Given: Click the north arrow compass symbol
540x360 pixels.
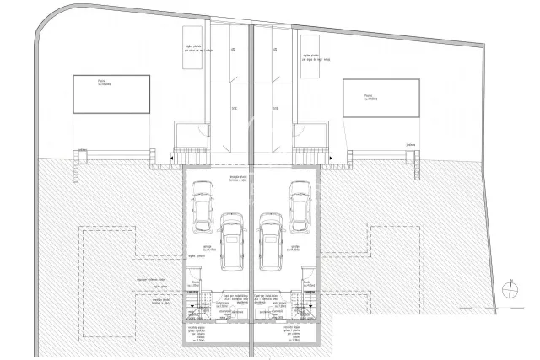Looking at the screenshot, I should point(510,289).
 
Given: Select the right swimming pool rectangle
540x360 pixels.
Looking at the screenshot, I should point(380,99).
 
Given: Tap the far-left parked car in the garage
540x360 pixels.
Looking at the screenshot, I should point(202,207).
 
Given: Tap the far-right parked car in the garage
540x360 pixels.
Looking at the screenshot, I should point(300,207).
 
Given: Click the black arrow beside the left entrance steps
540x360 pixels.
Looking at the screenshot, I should point(172,158).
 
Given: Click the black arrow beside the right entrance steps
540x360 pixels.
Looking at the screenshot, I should point(330,158).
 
